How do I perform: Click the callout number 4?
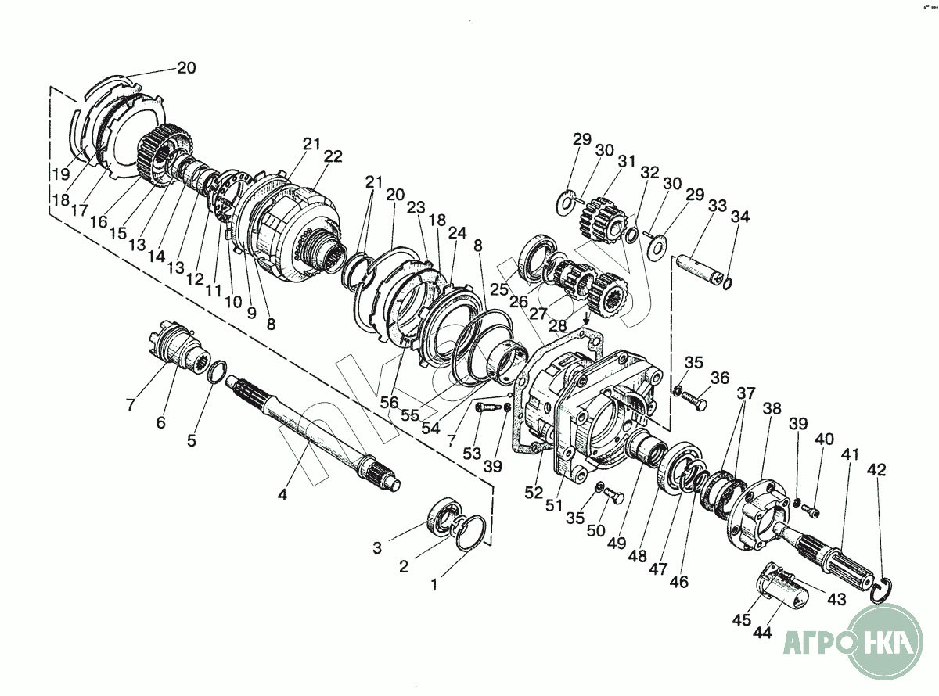coord(282,494)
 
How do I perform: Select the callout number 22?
coord(333,156)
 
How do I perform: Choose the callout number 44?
coord(762,633)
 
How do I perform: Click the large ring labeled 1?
coord(470,533)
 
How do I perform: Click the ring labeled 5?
coord(218,372)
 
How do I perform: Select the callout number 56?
coord(389,403)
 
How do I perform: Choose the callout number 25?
coord(499,289)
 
